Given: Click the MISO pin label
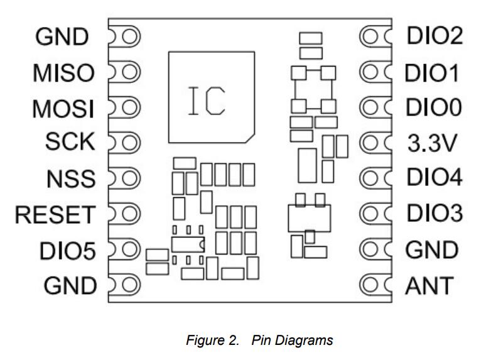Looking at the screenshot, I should click(x=63, y=74).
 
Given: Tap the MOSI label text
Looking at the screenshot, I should click(x=63, y=109).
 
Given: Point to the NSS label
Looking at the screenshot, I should click(x=70, y=179).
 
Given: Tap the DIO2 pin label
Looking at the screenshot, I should click(x=434, y=36).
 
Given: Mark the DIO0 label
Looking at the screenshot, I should click(x=434, y=108).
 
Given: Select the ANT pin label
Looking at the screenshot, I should click(x=429, y=286).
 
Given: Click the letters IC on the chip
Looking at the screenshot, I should click(x=206, y=100).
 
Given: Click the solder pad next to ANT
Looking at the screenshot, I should click(x=370, y=286).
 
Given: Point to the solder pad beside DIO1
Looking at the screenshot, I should click(x=370, y=73).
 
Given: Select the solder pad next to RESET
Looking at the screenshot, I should click(x=129, y=214).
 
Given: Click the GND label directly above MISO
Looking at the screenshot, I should click(x=62, y=37).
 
